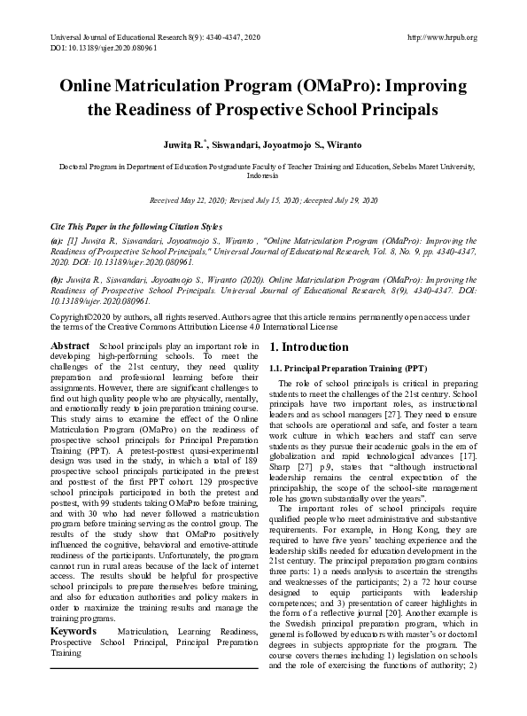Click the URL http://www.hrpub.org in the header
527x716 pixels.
point(440,37)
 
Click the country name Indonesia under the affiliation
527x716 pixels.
point(263,175)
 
